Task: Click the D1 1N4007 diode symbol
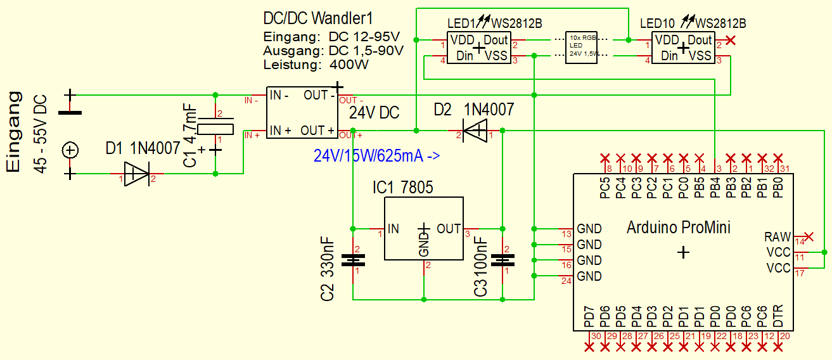136,174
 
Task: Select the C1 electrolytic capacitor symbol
215,129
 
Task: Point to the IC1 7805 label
403,188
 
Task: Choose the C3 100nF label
481,266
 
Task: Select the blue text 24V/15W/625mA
376,155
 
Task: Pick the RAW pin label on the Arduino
777,237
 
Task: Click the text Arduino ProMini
678,226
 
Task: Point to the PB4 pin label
715,188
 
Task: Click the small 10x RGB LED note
582,46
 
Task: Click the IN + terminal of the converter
280,131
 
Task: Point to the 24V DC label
374,113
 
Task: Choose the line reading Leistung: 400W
316,64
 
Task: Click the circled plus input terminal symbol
70,150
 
